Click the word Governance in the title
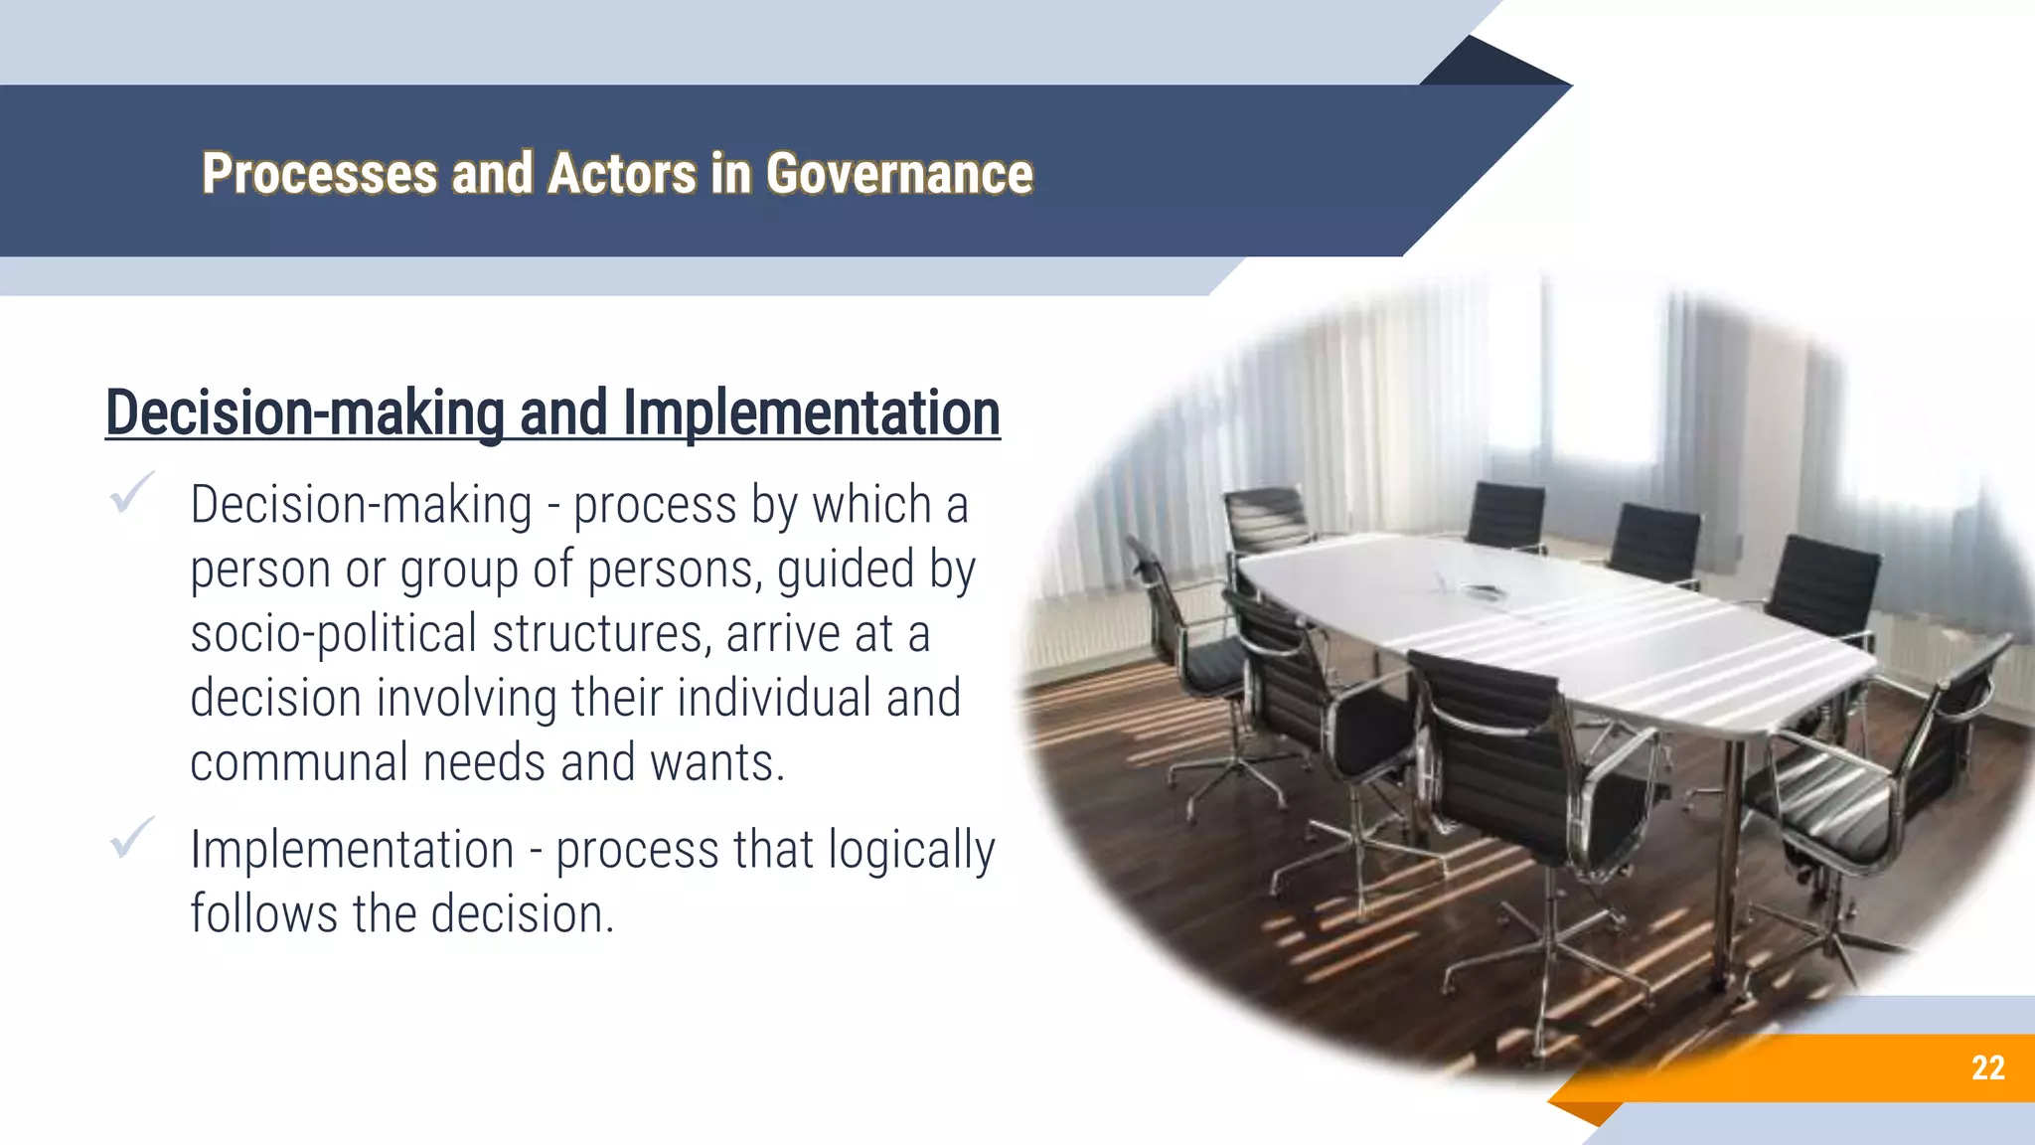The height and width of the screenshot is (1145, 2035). pos(899,174)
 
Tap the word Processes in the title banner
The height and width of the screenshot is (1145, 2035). pos(319,174)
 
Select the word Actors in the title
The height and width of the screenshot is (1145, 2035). pos(622,174)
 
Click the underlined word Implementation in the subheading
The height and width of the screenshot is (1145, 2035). pos(811,412)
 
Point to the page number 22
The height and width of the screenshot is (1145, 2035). pos(1987,1067)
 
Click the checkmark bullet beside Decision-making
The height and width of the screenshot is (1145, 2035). pos(132,493)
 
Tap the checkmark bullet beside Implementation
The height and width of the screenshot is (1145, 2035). pos(132,838)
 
